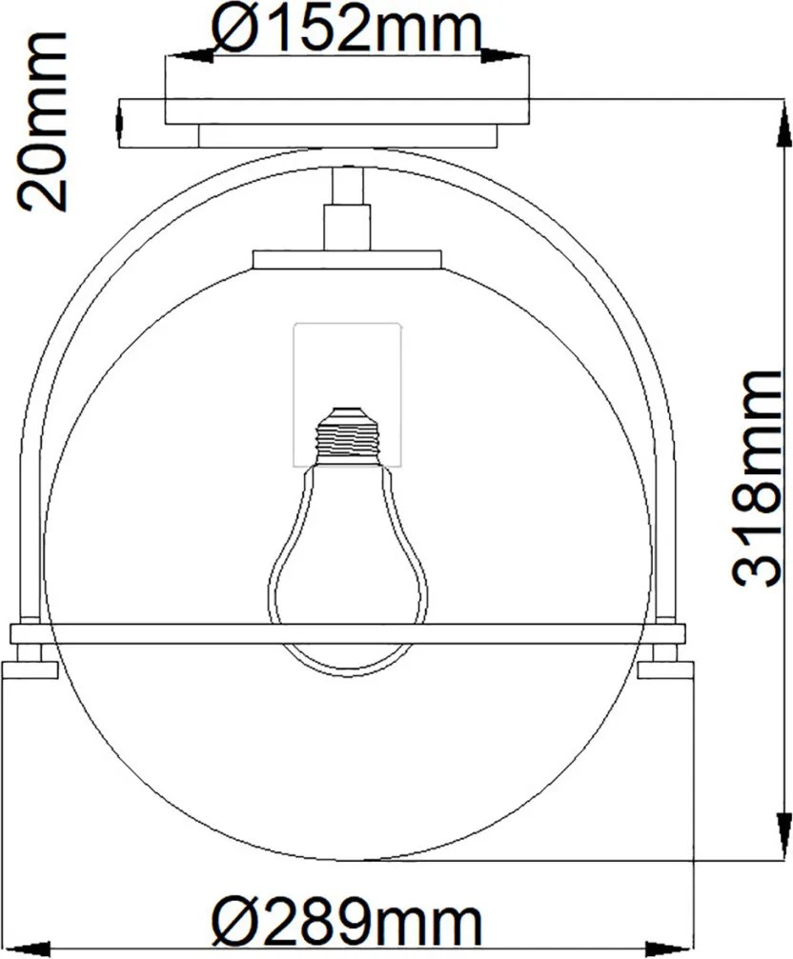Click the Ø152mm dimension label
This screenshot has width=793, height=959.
tap(347, 28)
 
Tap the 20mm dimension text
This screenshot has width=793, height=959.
tap(42, 121)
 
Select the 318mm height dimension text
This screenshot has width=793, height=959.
tap(756, 479)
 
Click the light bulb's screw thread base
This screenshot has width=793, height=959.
tap(348, 435)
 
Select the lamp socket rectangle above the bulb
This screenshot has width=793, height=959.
tap(348, 394)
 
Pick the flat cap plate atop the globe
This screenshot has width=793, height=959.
tap(347, 259)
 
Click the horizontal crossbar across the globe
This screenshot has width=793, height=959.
tap(348, 634)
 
